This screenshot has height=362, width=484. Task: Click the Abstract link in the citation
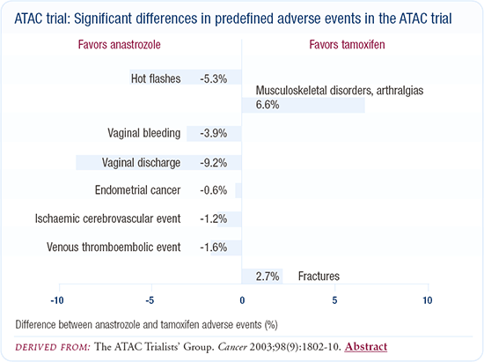click(x=366, y=346)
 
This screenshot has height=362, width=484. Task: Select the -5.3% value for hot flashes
click(x=213, y=78)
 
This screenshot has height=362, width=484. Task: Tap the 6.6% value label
click(x=268, y=105)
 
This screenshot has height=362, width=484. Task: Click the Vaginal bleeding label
click(x=143, y=133)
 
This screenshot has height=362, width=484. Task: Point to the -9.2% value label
click(x=213, y=163)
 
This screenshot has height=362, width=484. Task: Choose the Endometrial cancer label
click(x=137, y=190)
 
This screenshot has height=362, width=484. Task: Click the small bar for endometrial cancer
click(x=238, y=190)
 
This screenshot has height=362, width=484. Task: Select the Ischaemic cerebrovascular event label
click(x=107, y=218)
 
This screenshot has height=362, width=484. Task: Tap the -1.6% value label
click(x=213, y=247)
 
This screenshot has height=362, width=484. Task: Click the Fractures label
click(x=319, y=277)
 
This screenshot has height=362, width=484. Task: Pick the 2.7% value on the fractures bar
click(x=268, y=277)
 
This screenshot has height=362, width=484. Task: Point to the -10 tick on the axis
click(x=57, y=300)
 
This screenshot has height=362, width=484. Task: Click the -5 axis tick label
click(x=150, y=300)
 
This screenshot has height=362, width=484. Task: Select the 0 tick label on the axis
click(x=242, y=300)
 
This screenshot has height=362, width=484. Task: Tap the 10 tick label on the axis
click(x=428, y=300)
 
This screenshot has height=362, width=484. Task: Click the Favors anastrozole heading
click(x=119, y=45)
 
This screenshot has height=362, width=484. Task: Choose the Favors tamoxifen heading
click(x=347, y=45)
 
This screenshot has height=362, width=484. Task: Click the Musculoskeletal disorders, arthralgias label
click(x=340, y=91)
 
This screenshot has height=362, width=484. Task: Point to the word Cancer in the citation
click(x=232, y=347)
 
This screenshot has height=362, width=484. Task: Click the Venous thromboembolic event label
click(x=114, y=247)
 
